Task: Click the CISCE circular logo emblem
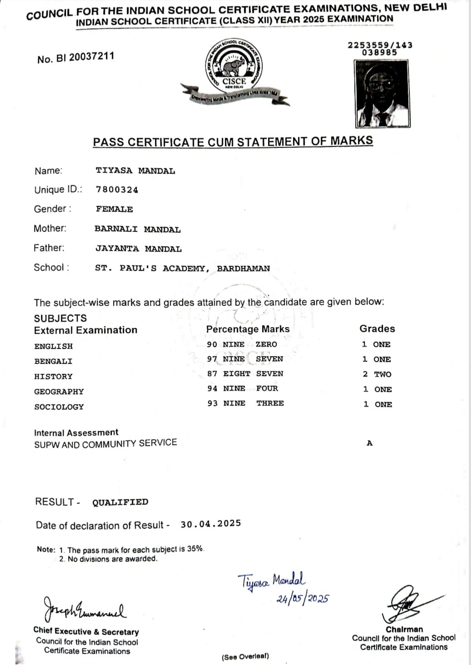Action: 234,65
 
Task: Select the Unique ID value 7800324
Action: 117,190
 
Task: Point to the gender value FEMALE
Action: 114,209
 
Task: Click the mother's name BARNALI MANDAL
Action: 137,229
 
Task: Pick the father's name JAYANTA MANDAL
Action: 138,249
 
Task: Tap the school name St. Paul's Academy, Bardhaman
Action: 182,268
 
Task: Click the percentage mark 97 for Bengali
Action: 212,359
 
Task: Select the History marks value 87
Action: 212,374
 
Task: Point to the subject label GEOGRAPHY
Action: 59,392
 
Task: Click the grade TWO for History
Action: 382,374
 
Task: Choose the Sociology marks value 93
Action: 213,404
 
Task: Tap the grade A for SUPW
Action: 369,443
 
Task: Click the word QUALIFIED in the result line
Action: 120,502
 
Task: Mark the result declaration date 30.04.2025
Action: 211,524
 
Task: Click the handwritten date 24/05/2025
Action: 303,599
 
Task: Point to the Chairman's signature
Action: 406,605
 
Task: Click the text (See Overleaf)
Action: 245,657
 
